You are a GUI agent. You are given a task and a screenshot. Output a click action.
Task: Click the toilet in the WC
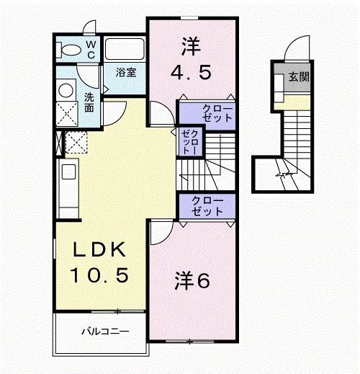coord(71,50)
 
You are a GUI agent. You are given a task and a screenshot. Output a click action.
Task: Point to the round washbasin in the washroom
coord(66,91)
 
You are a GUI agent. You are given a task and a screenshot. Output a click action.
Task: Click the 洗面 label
coord(89,102)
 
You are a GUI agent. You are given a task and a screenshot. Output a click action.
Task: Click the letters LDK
coord(100,250)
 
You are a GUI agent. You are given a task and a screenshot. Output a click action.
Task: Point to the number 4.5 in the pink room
coord(191,73)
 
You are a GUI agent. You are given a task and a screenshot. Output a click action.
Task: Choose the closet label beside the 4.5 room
coord(207,112)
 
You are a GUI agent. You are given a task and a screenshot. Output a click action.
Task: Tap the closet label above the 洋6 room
coord(207,205)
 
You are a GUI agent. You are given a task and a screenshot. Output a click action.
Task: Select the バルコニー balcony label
coord(104,332)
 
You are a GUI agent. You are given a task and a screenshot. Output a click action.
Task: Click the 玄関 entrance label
coord(298,77)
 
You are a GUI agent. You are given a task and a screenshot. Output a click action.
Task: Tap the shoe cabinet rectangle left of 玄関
coord(279,89)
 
